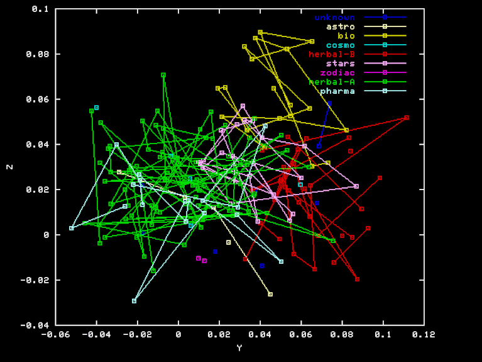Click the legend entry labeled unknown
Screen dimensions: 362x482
pyautogui.click(x=334, y=17)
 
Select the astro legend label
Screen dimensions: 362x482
pyautogui.click(x=340, y=26)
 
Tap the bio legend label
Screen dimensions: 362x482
pyautogui.click(x=346, y=36)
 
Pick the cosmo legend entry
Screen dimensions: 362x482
pyautogui.click(x=340, y=45)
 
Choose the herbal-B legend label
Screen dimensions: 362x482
pyautogui.click(x=331, y=54)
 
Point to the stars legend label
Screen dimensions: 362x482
pyautogui.click(x=340, y=64)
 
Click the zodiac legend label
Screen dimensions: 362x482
pyautogui.click(x=337, y=73)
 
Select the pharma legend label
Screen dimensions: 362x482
pyautogui.click(x=337, y=91)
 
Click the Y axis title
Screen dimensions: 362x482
pyautogui.click(x=239, y=348)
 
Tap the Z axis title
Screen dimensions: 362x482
pyautogui.click(x=9, y=167)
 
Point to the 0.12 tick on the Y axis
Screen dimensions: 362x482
pyautogui.click(x=424, y=334)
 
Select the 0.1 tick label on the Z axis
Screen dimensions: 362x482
pyautogui.click(x=40, y=9)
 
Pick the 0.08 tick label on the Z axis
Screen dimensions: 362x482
pyautogui.click(x=38, y=54)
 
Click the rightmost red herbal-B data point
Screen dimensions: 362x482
pyautogui.click(x=407, y=118)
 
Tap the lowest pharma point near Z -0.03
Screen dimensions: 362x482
pyautogui.click(x=134, y=301)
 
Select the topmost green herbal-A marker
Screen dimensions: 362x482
pyautogui.click(x=163, y=75)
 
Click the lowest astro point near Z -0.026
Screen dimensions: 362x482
pyautogui.click(x=270, y=294)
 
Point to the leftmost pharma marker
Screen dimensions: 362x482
pyautogui.click(x=72, y=228)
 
